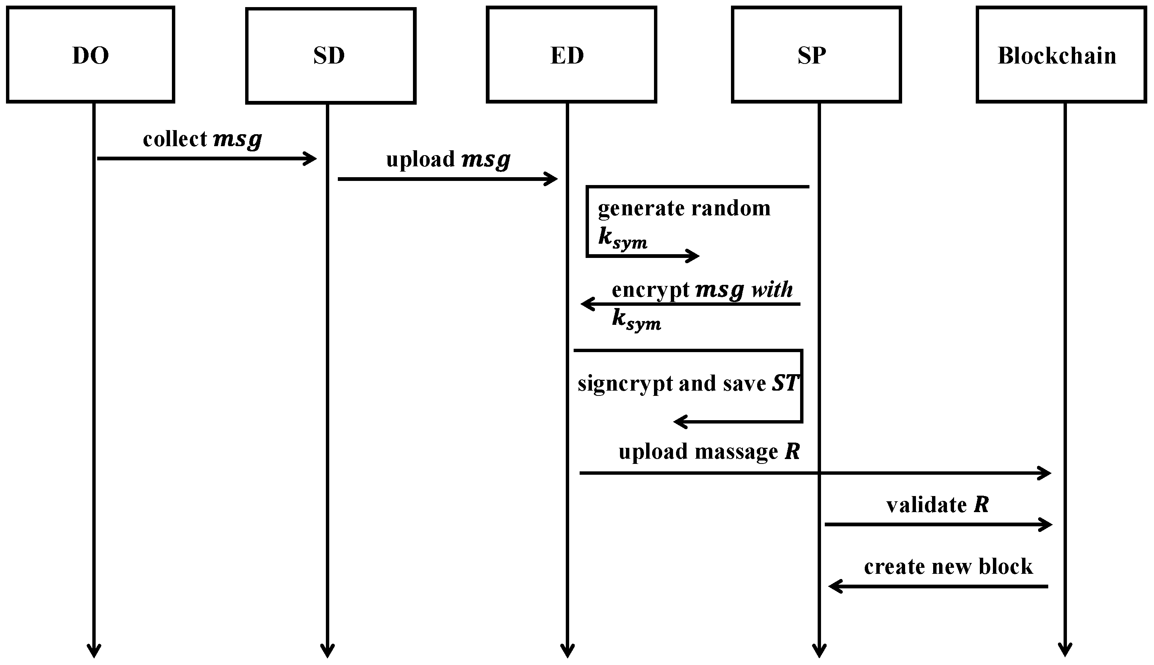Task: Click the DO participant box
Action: (x=90, y=55)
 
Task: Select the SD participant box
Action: (x=330, y=56)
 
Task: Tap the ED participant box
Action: (x=571, y=55)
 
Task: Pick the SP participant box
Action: (x=816, y=55)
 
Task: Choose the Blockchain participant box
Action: (x=1061, y=55)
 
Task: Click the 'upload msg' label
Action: (x=448, y=159)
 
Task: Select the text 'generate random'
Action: (x=684, y=208)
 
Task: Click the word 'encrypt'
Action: (x=650, y=290)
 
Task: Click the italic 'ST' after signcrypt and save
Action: (x=785, y=383)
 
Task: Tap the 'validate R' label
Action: (x=937, y=505)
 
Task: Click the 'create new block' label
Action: (x=948, y=566)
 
